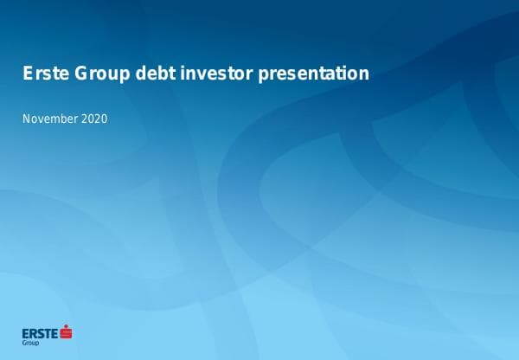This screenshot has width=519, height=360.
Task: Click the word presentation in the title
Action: pyautogui.click(x=314, y=74)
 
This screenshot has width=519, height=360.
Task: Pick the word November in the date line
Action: pyautogui.click(x=48, y=119)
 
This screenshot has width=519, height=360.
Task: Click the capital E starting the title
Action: pyautogui.click(x=28, y=74)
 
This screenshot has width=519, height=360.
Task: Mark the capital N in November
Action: pyautogui.click(x=26, y=119)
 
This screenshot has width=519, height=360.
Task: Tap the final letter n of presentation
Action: pyautogui.click(x=364, y=74)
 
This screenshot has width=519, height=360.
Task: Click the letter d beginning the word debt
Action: pyautogui.click(x=141, y=74)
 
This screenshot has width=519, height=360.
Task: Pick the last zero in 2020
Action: pyautogui.click(x=104, y=119)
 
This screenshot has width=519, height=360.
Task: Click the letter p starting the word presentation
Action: pyautogui.click(x=264, y=75)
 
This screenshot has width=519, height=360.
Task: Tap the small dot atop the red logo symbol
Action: pyautogui.click(x=66, y=326)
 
